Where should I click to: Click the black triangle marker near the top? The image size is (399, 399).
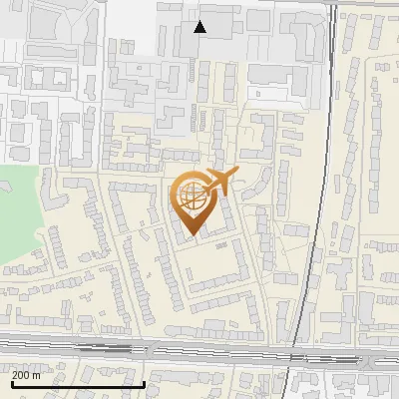click(200, 27)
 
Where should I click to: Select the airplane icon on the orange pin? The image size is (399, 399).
click(216, 181)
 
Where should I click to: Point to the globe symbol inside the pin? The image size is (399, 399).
click(191, 194)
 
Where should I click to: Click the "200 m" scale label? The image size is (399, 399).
click(27, 375)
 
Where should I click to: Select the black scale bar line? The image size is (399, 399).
click(78, 384)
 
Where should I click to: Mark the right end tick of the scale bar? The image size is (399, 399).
click(146, 383)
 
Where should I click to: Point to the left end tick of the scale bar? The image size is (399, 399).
click(11, 383)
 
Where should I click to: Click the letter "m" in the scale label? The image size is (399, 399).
click(37, 375)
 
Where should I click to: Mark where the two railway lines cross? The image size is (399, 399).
click(299, 351)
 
